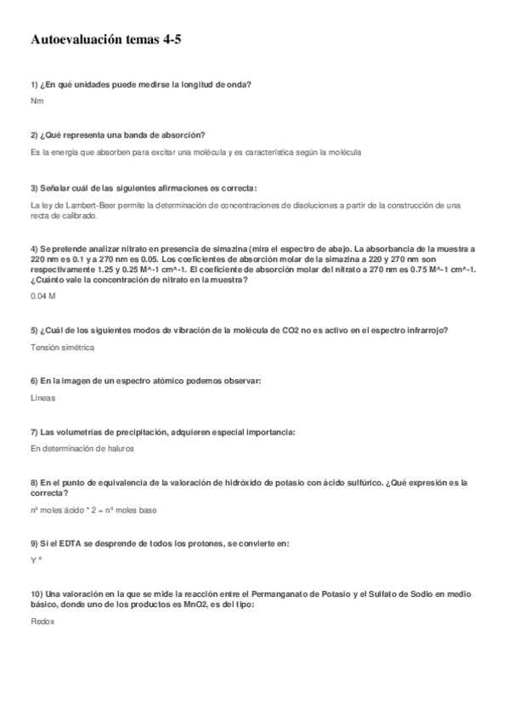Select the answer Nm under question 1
(37, 101)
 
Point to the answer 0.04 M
(42, 297)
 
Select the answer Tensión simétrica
(61, 348)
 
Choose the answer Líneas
(42, 398)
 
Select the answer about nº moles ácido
(93, 510)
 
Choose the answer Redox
(42, 622)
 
